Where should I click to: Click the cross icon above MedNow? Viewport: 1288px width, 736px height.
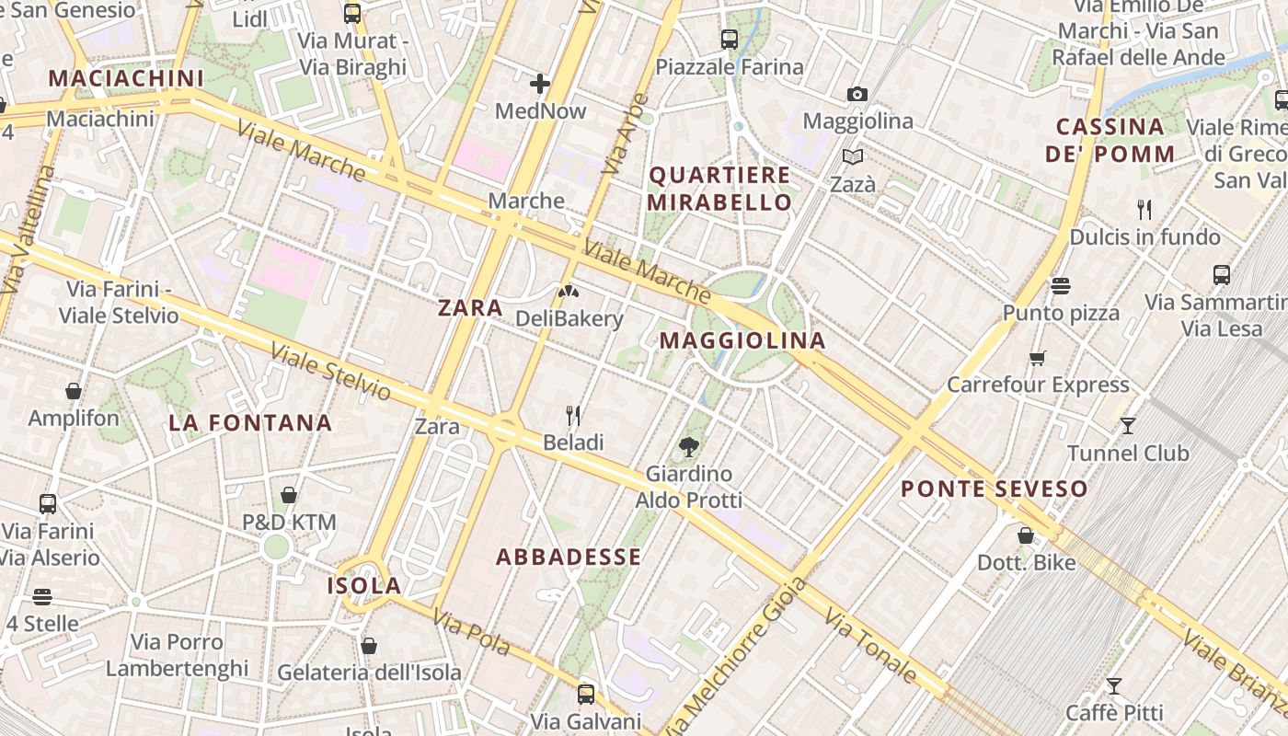coord(540,85)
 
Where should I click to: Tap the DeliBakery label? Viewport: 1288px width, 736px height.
coord(569,319)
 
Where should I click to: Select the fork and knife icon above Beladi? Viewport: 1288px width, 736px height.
coord(573,416)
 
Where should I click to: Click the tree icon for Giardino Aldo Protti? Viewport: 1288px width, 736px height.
coord(687,447)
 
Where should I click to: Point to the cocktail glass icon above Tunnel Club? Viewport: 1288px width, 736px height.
coord(1128,426)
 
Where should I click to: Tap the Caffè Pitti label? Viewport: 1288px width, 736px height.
coord(1114,712)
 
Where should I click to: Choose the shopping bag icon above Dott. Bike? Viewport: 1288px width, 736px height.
coord(1026,535)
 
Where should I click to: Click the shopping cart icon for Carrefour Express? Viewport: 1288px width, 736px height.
coord(1038,358)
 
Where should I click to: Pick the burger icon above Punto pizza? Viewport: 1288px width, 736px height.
coord(1061,286)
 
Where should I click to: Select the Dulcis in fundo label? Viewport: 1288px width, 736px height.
coord(1144,237)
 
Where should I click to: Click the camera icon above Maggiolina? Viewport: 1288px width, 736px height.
coord(857,94)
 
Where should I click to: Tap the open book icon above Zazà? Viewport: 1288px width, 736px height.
coord(853,157)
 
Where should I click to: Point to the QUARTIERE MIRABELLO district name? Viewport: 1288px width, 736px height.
coord(719,189)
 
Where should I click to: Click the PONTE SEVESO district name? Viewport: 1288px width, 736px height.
coord(995,489)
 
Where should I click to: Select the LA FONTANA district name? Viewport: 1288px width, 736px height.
coord(250,423)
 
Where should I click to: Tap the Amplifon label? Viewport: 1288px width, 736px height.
coord(74,419)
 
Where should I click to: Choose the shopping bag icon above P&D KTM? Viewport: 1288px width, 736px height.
coord(289,496)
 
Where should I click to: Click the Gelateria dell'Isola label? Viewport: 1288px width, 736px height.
coord(369,673)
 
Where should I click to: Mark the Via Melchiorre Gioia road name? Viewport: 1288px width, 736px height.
coord(732,656)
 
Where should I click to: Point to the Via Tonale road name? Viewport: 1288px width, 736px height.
coord(870,646)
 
